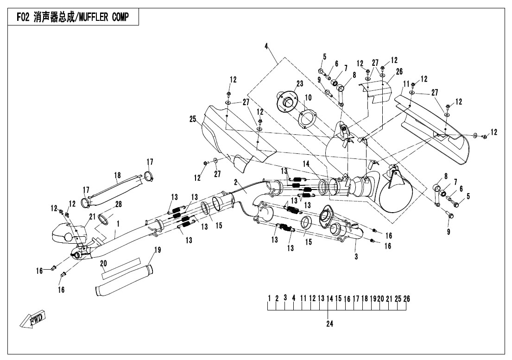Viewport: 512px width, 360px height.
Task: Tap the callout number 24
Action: click(x=329, y=324)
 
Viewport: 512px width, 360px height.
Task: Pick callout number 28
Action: click(x=118, y=204)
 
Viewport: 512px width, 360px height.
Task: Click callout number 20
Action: click(x=104, y=263)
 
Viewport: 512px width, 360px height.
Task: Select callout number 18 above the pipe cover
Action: click(x=117, y=175)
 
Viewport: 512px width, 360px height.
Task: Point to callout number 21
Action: click(x=92, y=216)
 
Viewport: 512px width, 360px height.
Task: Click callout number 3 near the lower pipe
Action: click(x=355, y=256)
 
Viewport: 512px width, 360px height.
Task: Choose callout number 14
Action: click(x=306, y=164)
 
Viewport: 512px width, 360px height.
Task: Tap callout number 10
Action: click(x=308, y=97)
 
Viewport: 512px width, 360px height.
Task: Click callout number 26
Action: click(x=399, y=72)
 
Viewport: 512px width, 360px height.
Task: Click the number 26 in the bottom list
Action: click(x=406, y=298)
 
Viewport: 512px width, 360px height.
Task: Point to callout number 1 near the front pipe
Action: click(x=119, y=223)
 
